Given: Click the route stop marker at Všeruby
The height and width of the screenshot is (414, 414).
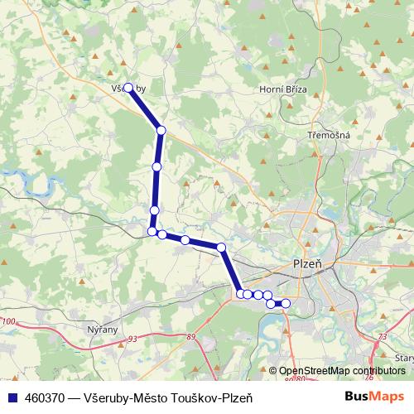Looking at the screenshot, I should (128, 87).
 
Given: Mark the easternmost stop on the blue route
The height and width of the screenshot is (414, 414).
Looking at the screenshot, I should (286, 304).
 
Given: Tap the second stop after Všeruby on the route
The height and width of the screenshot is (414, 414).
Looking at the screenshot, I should (156, 167).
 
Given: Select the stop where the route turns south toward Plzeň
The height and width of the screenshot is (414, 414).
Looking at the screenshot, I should (221, 248).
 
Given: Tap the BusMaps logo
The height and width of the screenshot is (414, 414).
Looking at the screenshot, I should (373, 397).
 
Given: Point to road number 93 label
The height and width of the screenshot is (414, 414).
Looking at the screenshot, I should (132, 338).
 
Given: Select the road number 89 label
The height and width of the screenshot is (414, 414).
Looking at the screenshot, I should (192, 336).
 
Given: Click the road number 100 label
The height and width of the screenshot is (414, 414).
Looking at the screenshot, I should (9, 320).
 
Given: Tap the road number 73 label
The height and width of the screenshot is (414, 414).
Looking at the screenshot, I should (382, 336).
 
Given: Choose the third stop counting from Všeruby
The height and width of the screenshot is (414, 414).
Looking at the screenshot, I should (154, 210).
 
